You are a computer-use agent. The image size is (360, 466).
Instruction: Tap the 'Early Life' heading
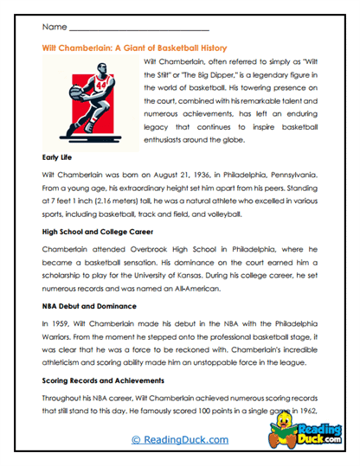coord(60,157)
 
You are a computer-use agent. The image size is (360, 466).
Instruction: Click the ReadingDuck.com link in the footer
coord(179,440)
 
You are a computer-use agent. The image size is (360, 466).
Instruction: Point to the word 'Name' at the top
coord(55,29)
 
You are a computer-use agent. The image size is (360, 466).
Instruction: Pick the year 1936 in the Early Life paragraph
coord(209,174)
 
